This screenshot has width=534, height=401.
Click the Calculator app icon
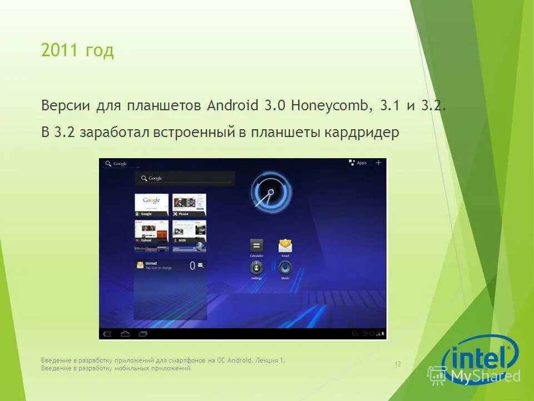pyautogui.click(x=256, y=246)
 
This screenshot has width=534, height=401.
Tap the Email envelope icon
pyautogui.click(x=285, y=245)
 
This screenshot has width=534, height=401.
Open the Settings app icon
pyautogui.click(x=256, y=268)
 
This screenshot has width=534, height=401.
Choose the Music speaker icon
pyautogui.click(x=285, y=268)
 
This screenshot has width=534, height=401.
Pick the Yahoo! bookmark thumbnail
pyautogui.click(x=151, y=231)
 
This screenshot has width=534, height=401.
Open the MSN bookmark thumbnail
pyautogui.click(x=189, y=231)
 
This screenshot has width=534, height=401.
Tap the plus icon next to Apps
pyautogui.click(x=379, y=163)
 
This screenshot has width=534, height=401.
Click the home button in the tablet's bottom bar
pyautogui.click(x=125, y=334)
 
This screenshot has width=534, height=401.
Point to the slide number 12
pyautogui.click(x=398, y=364)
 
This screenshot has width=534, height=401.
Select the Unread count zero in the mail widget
pyautogui.click(x=192, y=266)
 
